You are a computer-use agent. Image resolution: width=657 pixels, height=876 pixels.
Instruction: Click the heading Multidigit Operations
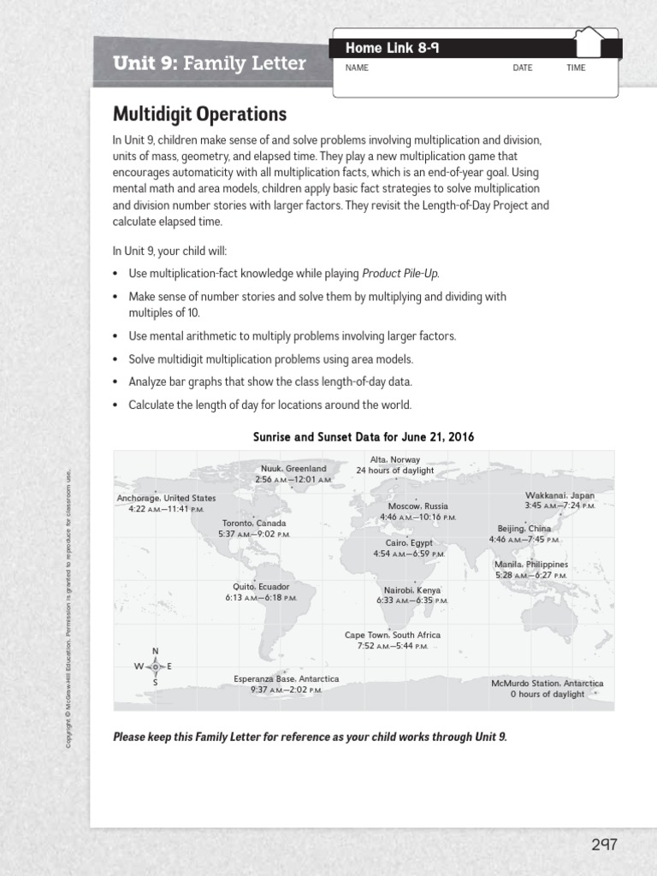tap(199, 115)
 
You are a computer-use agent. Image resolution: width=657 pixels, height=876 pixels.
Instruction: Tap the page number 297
tap(603, 844)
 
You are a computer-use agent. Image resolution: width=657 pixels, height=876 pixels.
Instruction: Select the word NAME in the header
tap(357, 68)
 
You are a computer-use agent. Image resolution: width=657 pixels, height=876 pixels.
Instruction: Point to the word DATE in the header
tap(523, 68)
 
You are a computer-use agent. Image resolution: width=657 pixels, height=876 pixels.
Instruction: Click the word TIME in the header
tap(576, 68)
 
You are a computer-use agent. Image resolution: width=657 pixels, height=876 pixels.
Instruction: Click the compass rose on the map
tap(155, 666)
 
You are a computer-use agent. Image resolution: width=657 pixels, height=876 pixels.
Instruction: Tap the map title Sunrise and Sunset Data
tap(364, 437)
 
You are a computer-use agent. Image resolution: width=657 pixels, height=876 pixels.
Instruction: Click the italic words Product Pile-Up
tap(400, 274)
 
